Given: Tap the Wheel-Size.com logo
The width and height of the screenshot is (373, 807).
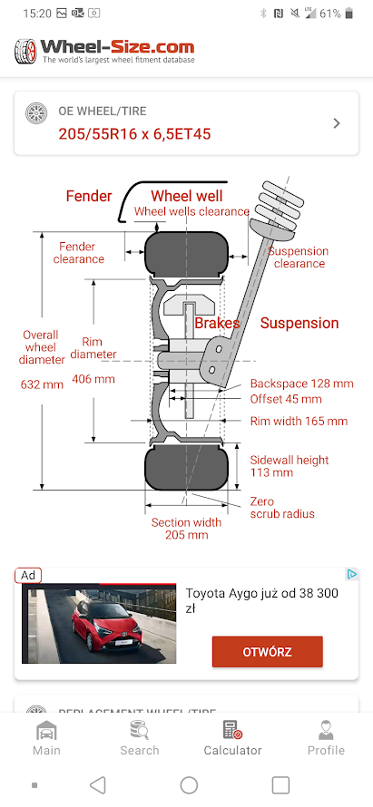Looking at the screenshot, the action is pos(104,51).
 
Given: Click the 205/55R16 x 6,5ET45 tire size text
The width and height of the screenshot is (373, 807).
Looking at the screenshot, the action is pos(134,134).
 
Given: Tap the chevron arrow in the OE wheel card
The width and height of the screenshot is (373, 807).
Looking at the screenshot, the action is pos(337,123).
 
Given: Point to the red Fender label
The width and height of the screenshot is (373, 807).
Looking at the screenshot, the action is pos(89,196).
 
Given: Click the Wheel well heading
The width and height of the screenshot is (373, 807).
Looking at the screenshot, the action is pos(187,196).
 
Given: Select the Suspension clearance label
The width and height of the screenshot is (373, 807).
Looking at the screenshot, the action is pos(299,258).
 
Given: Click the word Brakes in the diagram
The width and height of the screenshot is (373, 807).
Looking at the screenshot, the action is pos(217,323).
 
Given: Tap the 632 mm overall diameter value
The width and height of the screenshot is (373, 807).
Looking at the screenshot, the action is pos(42,384).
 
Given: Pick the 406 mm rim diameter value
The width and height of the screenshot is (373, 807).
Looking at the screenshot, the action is pos(93,379).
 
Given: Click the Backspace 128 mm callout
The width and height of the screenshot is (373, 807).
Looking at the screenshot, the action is pos(302,384).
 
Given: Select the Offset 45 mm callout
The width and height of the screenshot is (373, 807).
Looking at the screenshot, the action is pos(286,399).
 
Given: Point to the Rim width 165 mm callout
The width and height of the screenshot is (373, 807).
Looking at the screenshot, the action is pos(299,421).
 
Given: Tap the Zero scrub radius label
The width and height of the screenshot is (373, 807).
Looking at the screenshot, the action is pos(282,508).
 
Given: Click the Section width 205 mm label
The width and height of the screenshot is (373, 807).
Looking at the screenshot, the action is pos(187,529).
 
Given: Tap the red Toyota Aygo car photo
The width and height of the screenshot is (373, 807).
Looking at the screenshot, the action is pos(99,623).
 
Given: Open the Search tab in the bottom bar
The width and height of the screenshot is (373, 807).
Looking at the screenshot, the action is pos(140,738).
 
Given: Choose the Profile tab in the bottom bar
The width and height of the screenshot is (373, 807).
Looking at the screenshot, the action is pos(326,738).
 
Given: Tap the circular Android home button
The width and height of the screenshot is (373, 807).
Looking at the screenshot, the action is pos(189,785).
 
